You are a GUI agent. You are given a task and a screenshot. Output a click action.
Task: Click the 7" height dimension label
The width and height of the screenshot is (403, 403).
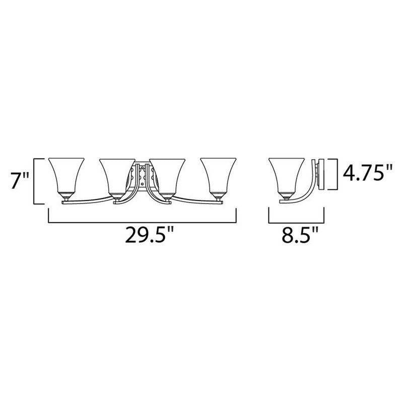tap(18, 180)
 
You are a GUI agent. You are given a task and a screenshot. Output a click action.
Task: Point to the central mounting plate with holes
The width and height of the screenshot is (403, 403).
tap(141, 177)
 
